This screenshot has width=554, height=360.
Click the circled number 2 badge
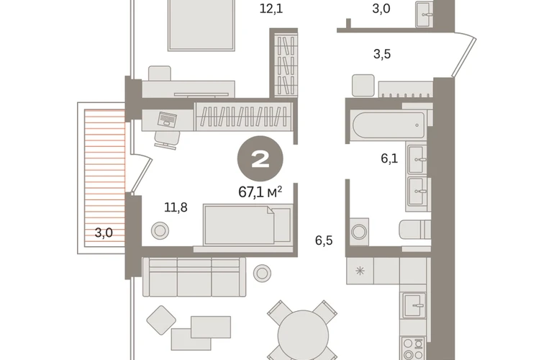pos(260,159)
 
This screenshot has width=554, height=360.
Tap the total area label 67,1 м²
pos(260,192)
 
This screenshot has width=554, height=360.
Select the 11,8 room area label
pos(176,207)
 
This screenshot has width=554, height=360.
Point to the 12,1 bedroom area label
pos(271,8)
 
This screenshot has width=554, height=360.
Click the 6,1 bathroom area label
pos(389,158)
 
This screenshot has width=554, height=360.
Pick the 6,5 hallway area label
pos(324,240)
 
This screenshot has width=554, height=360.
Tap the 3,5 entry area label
pos(382,54)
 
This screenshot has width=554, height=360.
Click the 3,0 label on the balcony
pos(104,233)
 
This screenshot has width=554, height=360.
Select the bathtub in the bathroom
pos(389,125)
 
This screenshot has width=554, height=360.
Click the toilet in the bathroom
pos(416,230)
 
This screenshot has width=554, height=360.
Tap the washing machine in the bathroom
pos(359,232)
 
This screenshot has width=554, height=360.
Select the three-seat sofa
pos(194,277)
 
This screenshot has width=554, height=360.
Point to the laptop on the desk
pos(167,120)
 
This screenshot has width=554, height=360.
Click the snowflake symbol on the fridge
pos(360,271)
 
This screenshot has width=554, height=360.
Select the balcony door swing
pos(141,174)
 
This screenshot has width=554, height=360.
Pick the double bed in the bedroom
pos(201,25)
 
